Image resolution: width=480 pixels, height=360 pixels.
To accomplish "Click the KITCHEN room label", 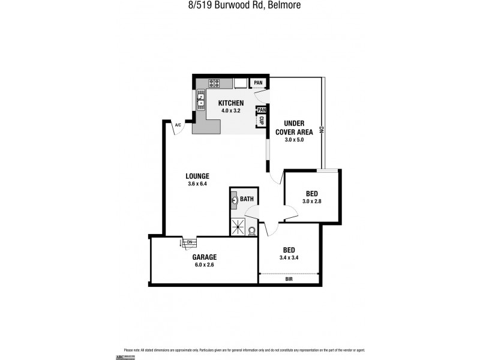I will (231, 103).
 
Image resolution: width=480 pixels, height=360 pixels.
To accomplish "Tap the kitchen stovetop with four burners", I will (215, 83).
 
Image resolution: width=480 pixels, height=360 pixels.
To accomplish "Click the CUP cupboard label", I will (262, 121).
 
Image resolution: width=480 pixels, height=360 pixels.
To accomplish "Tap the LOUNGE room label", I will (198, 176).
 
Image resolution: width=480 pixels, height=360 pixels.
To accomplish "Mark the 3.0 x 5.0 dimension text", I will (294, 140).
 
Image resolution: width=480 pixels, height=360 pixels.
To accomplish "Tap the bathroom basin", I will (235, 202).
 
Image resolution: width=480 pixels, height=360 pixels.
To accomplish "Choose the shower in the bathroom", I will (238, 226).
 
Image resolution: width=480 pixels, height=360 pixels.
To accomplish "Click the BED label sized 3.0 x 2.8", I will (312, 193).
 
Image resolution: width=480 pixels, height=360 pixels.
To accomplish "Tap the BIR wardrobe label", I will (289, 279).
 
